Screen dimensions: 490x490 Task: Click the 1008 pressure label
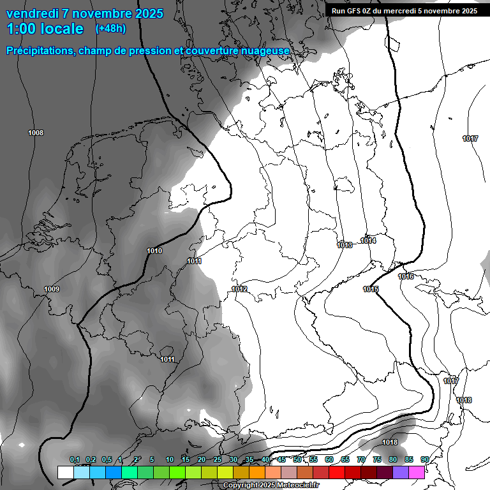(x=36, y=133)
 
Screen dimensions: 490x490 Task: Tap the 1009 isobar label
(x=52, y=290)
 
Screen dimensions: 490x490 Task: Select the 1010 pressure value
(x=154, y=251)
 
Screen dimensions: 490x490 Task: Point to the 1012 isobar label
(x=239, y=290)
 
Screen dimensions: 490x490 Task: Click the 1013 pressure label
(x=345, y=245)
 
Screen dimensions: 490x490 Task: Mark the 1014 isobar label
(x=368, y=241)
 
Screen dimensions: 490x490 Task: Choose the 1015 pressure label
(x=371, y=290)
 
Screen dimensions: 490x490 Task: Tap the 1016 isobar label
(x=406, y=276)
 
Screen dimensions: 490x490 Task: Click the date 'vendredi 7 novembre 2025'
(x=85, y=13)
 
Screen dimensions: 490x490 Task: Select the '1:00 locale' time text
(x=45, y=29)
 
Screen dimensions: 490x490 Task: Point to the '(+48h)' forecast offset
(x=110, y=29)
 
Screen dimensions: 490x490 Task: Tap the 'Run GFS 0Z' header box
(x=405, y=11)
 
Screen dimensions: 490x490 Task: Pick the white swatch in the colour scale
(x=65, y=473)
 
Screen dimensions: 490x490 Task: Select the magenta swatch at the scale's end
(x=417, y=473)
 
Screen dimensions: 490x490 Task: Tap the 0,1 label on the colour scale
(x=75, y=460)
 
